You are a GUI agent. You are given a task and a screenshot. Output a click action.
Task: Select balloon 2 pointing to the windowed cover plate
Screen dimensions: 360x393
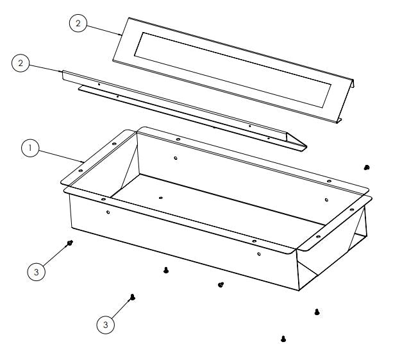click(x=78, y=24)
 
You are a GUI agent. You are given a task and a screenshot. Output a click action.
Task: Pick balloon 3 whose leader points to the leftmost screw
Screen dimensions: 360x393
click(x=37, y=271)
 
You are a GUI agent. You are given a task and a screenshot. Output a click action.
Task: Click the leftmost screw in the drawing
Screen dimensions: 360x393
click(x=70, y=243)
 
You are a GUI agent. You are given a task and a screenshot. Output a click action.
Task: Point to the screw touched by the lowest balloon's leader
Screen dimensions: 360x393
click(x=131, y=296)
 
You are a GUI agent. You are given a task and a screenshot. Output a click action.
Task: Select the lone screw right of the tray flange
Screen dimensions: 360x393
click(x=366, y=167)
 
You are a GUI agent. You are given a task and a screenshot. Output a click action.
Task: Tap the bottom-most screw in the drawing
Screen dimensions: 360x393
click(x=283, y=338)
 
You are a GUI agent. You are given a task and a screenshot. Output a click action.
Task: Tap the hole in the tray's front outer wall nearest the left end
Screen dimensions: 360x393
click(x=108, y=212)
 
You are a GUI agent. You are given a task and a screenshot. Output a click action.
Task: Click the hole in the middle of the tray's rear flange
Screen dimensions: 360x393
click(x=176, y=137)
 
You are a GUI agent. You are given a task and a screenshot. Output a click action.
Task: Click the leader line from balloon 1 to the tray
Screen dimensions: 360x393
click(x=61, y=155)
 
